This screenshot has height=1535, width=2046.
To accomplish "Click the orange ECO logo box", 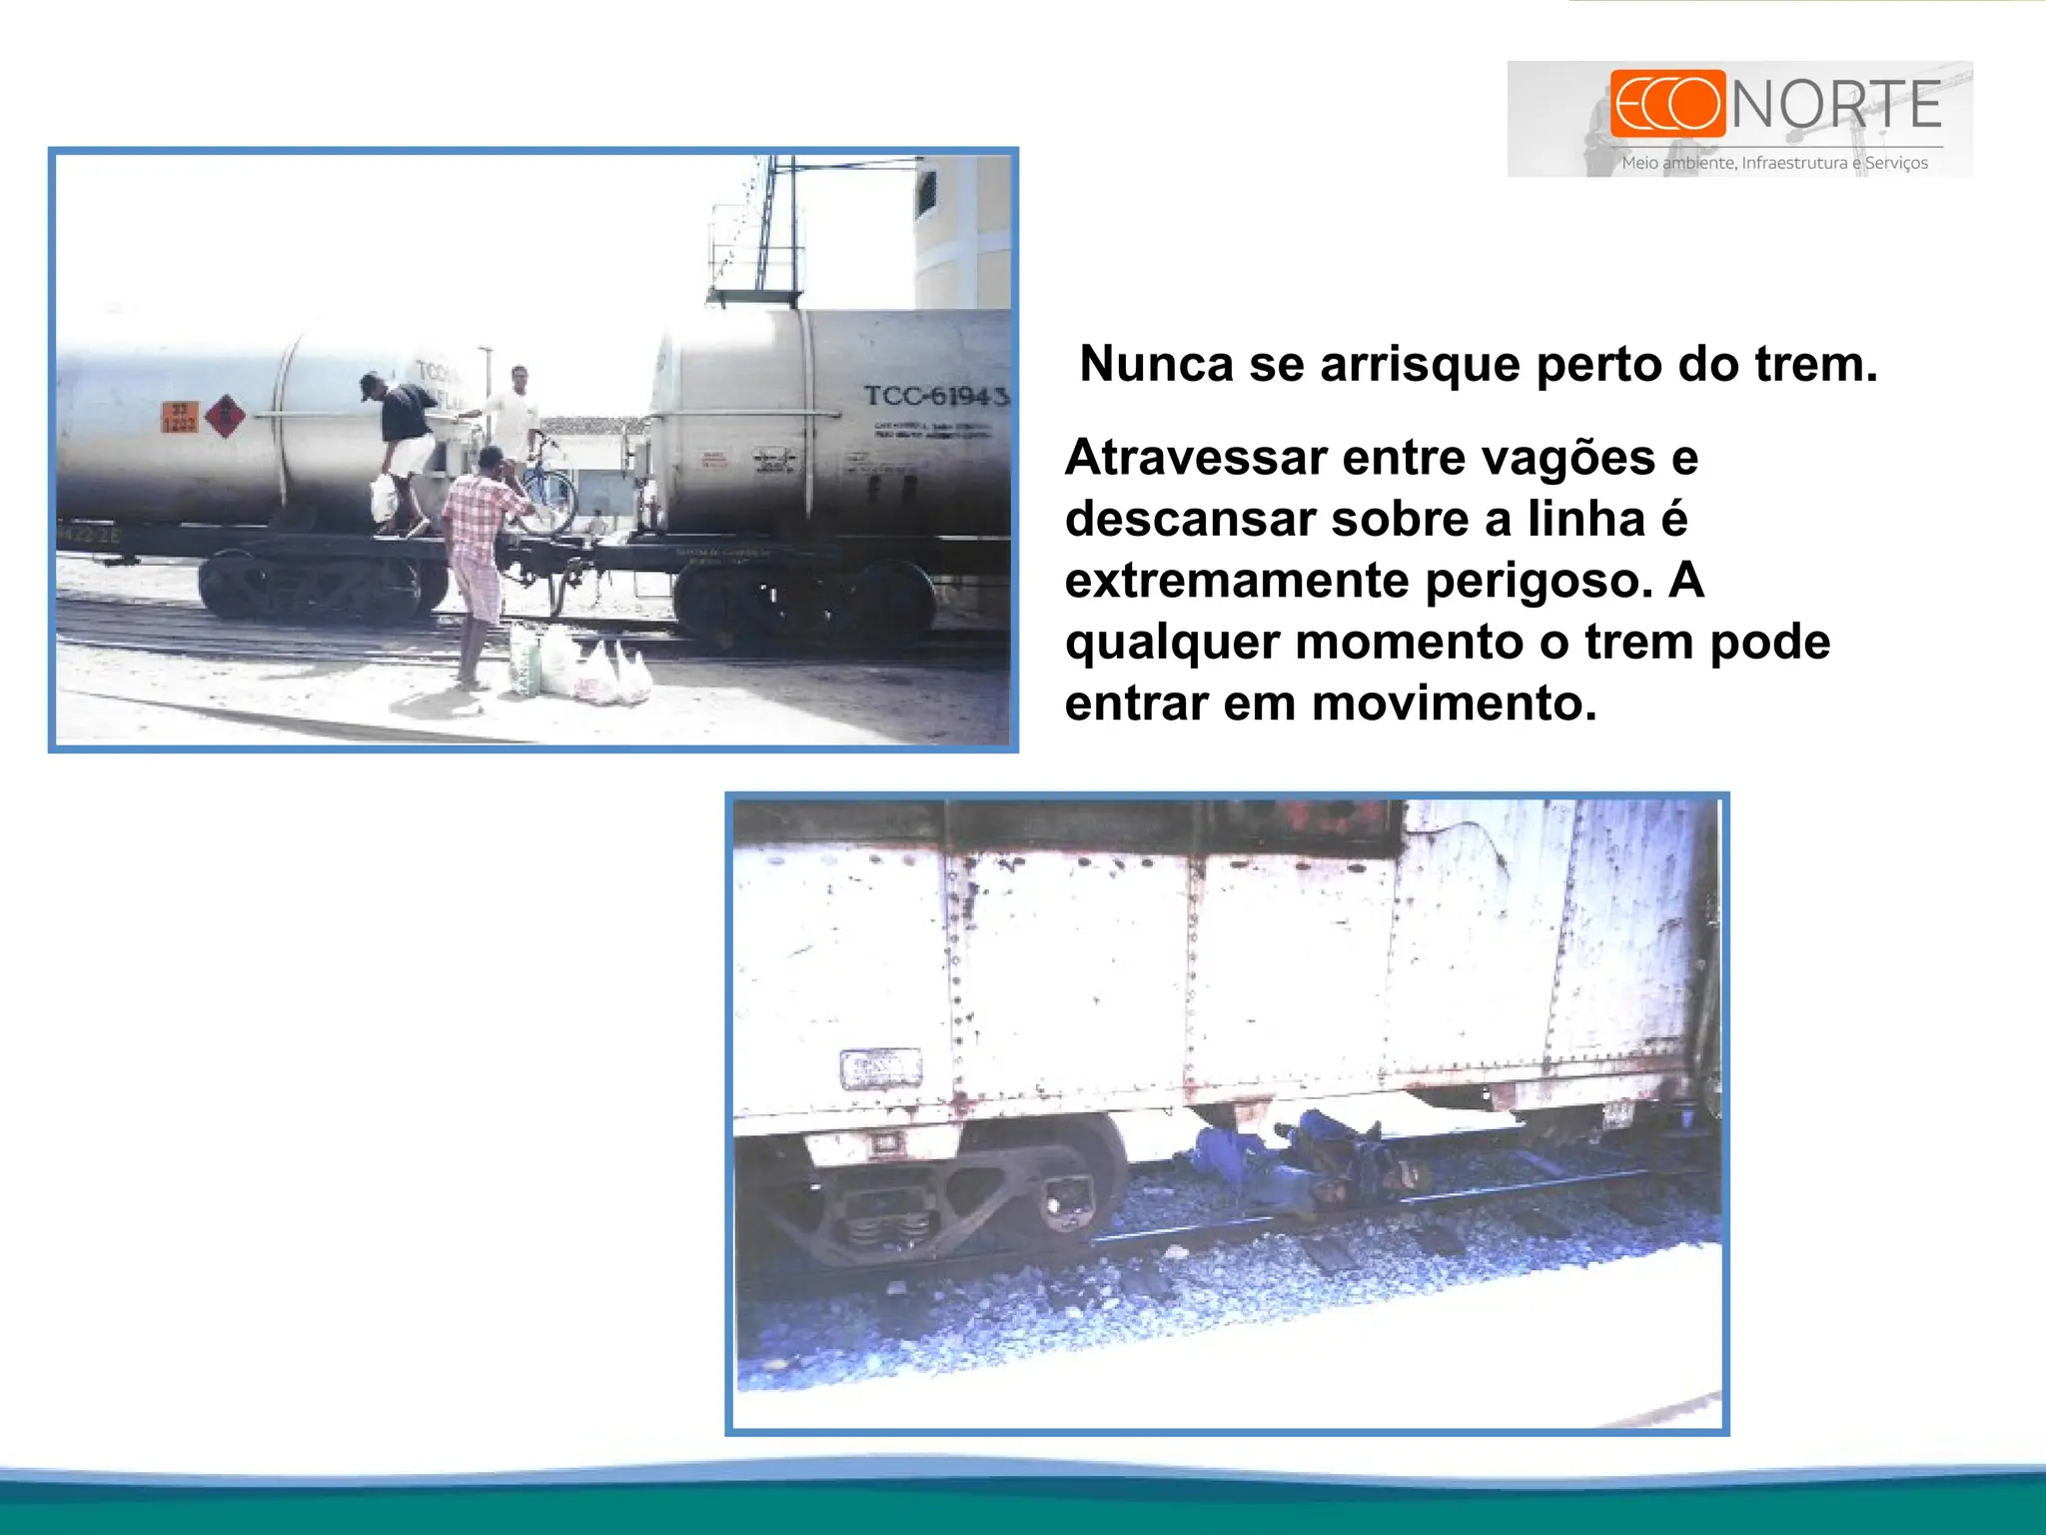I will pyautogui.click(x=1666, y=103).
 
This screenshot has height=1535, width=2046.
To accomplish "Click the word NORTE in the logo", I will pyautogui.click(x=1836, y=104).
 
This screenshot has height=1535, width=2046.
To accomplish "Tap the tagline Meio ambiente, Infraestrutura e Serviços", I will pyautogui.click(x=1774, y=163).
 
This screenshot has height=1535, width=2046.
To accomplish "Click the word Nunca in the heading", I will pyautogui.click(x=1156, y=364).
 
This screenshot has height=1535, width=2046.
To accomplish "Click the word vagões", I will pyautogui.click(x=1568, y=458).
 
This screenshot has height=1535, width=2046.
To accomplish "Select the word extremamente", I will pyautogui.click(x=1237, y=581).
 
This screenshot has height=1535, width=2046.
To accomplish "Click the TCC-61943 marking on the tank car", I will pyautogui.click(x=935, y=397).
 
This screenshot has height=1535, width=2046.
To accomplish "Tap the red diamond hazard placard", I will pyautogui.click(x=225, y=415).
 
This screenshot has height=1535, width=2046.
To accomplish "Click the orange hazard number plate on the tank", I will pyautogui.click(x=180, y=416).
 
